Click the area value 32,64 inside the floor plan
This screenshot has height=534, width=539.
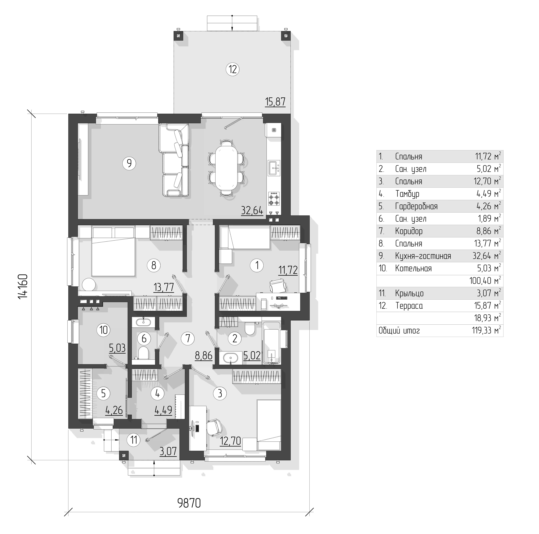(252, 210)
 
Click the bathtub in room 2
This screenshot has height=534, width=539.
(271, 343)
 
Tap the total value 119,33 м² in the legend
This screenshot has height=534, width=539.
(486, 331)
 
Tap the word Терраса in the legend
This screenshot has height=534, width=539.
(409, 306)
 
